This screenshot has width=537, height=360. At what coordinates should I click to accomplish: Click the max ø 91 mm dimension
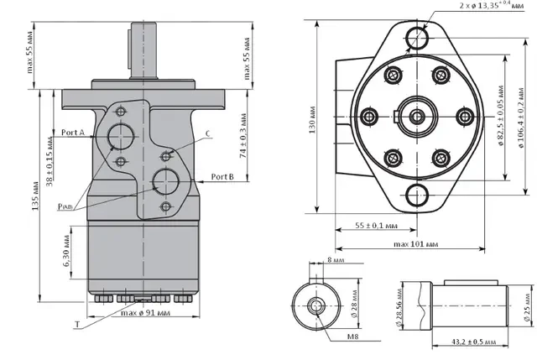click(139, 315)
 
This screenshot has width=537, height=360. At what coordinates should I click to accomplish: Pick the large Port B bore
click(165, 179)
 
